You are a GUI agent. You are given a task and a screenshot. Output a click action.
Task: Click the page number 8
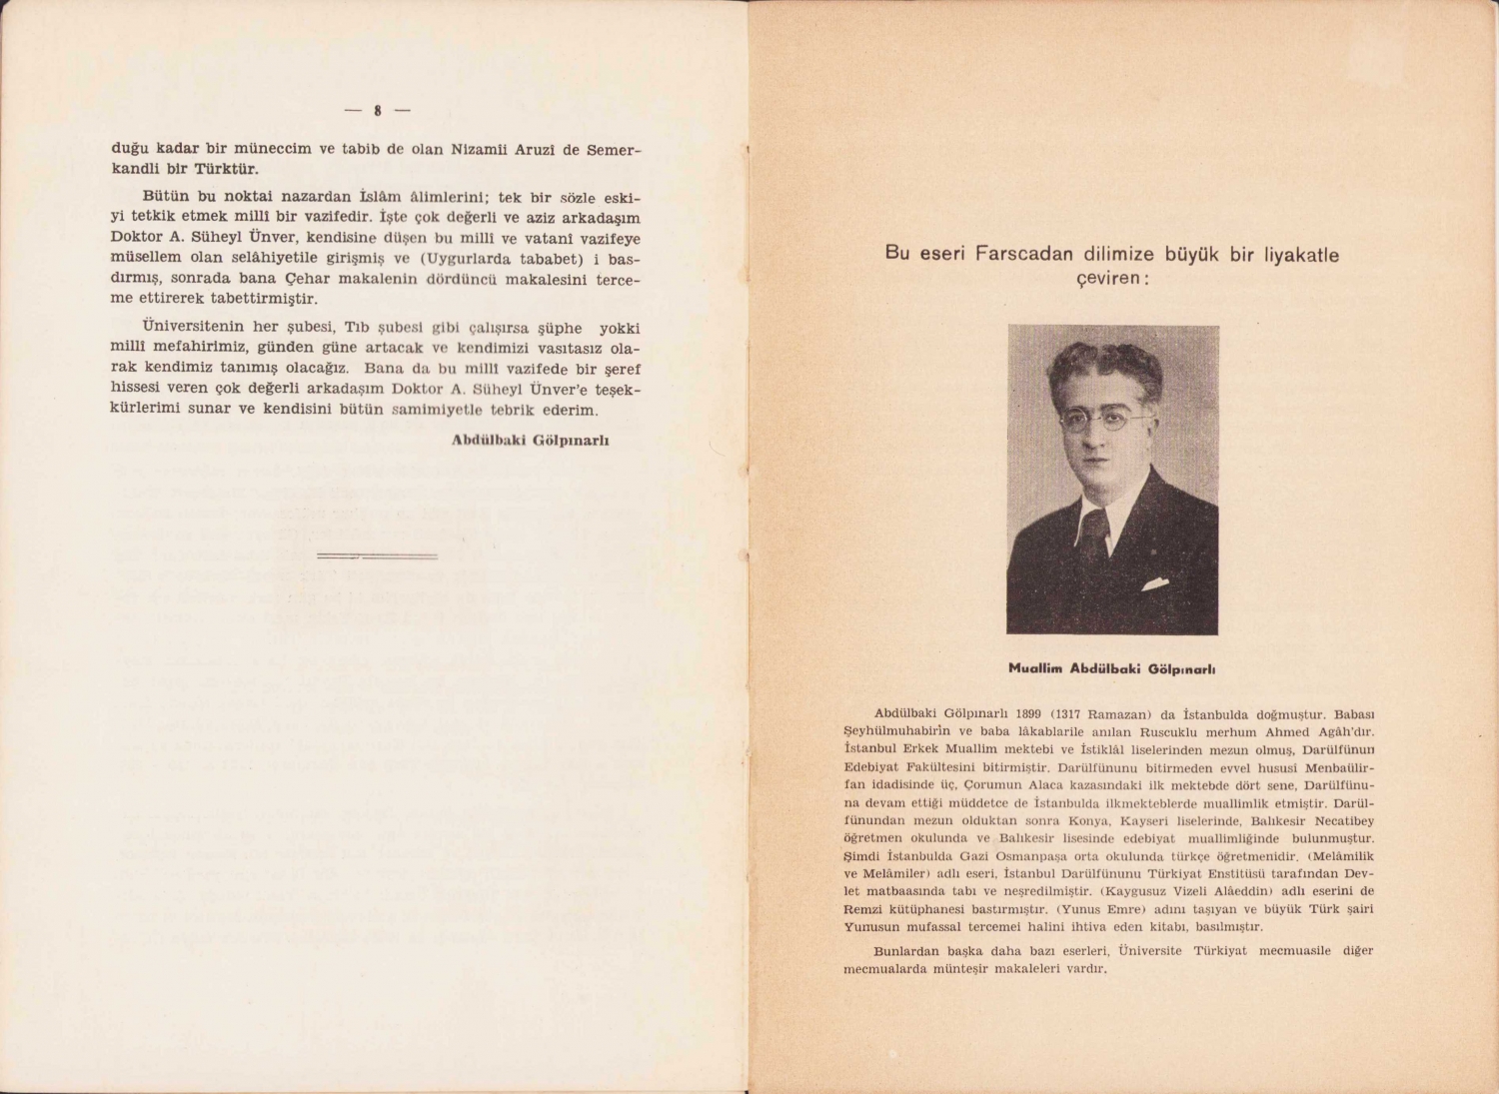tap(378, 111)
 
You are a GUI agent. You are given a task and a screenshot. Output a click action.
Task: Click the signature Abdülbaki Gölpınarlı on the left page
tap(530, 440)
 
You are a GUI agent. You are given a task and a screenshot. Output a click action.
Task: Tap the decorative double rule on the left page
tap(377, 554)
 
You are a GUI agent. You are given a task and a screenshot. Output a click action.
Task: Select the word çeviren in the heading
tap(1109, 278)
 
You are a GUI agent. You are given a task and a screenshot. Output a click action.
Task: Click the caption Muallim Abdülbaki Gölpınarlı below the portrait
tap(1111, 668)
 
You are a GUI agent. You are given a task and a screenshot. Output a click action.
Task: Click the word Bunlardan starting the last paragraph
tap(906, 950)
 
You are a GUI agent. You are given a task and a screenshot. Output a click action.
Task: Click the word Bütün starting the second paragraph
tap(162, 198)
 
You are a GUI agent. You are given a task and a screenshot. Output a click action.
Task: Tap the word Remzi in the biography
tap(863, 909)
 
